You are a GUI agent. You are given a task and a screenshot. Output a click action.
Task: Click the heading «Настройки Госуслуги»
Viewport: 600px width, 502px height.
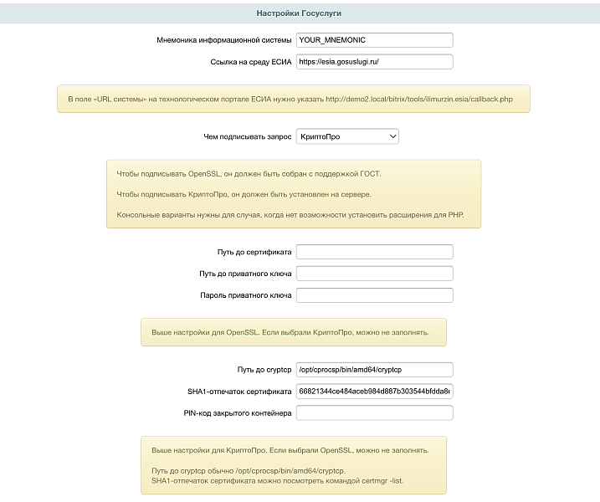[x=300, y=13]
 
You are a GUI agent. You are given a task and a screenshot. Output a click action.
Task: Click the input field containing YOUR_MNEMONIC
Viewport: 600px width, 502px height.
[x=374, y=40]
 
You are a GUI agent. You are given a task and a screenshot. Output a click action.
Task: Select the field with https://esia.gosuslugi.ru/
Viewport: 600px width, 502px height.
[x=374, y=62]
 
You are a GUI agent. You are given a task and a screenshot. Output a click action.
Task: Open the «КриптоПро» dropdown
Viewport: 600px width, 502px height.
[x=347, y=136]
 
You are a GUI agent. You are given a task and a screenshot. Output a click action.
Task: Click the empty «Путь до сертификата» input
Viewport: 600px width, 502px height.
[x=374, y=252]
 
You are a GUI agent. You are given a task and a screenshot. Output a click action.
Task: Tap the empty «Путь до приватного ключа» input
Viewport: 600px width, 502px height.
[x=374, y=274]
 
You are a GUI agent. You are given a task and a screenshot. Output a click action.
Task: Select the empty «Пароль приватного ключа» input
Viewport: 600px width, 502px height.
[x=374, y=295]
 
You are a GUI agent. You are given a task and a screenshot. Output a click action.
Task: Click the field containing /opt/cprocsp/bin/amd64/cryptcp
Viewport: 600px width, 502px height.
[x=374, y=369]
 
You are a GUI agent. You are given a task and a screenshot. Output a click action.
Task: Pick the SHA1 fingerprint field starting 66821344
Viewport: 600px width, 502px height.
[x=374, y=391]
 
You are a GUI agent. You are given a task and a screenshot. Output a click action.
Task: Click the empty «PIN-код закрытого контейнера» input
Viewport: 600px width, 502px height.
[x=374, y=412]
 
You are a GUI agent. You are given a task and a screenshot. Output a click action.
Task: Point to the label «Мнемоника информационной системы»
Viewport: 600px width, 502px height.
[x=223, y=40]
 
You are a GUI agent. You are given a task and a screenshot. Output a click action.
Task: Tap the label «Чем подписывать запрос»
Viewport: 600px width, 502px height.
[x=247, y=136]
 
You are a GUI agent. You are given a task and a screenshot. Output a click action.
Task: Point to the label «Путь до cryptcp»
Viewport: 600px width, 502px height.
[x=264, y=369]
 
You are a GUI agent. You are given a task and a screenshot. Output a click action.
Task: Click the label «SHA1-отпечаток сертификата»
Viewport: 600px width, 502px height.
[x=239, y=391]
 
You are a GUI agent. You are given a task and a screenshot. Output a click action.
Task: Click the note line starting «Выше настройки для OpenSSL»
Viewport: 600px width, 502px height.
[x=290, y=332]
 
